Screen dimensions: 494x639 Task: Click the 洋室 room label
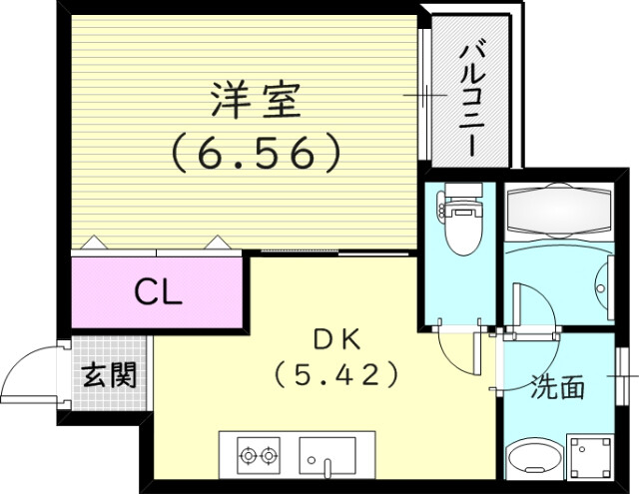[255, 101]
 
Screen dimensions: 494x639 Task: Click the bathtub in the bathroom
[559, 213]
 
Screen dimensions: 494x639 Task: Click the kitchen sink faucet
[326, 465]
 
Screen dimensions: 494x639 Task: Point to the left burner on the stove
[247, 457]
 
